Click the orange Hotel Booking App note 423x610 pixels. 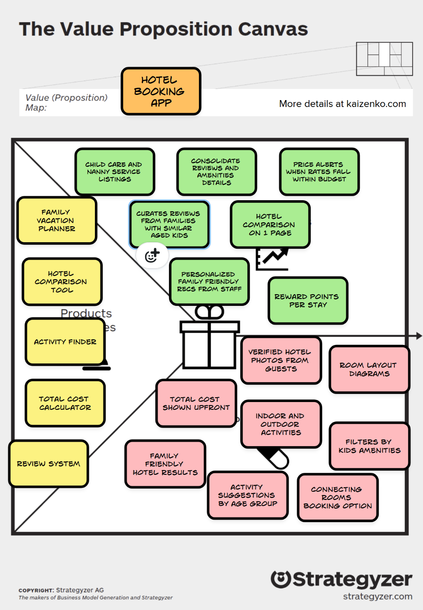pyautogui.click(x=161, y=91)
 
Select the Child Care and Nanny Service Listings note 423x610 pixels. pyautogui.click(x=114, y=172)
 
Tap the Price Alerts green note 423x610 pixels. pyautogui.click(x=319, y=172)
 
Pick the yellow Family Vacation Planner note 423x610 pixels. pyautogui.click(x=56, y=220)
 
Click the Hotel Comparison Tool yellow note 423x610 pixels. pyautogui.click(x=62, y=282)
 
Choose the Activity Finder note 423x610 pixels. pyautogui.click(x=65, y=342)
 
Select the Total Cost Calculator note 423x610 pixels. pyautogui.click(x=65, y=403)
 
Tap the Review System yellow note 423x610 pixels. pyautogui.click(x=49, y=464)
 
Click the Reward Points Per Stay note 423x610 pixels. pyautogui.click(x=308, y=301)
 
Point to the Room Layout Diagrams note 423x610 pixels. pyautogui.click(x=369, y=369)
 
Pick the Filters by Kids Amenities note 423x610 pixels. pyautogui.click(x=369, y=446)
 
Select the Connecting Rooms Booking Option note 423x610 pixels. pyautogui.click(x=338, y=497)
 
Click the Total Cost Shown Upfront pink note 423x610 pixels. pyautogui.click(x=196, y=403)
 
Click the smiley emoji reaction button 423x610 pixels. pyautogui.click(x=153, y=256)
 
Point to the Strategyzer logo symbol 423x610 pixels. pyautogui.click(x=281, y=579)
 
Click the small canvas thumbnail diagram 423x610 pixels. pyautogui.click(x=384, y=59)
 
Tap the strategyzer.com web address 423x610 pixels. pyautogui.click(x=377, y=597)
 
